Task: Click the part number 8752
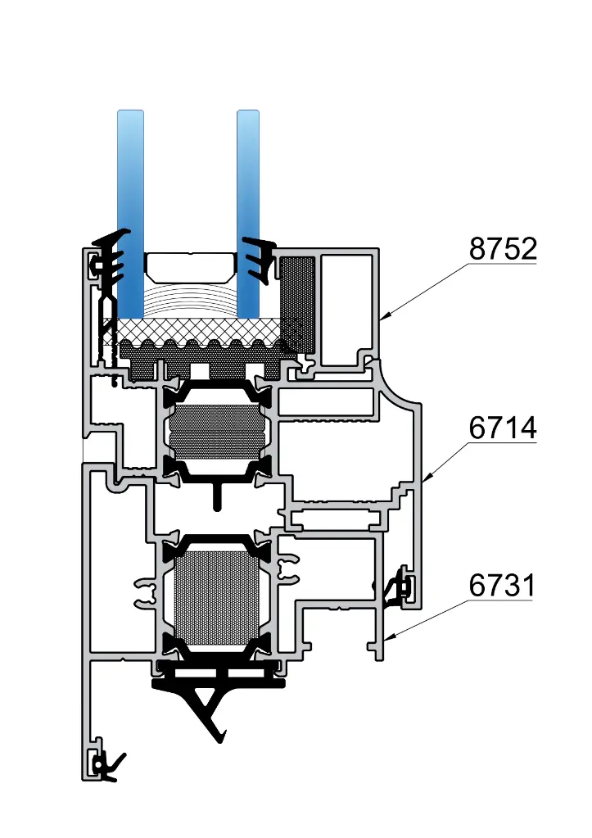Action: [x=502, y=249]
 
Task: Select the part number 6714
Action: [x=502, y=428]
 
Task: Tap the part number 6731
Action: [x=502, y=586]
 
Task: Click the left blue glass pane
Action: [x=130, y=205]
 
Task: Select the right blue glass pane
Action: [x=248, y=205]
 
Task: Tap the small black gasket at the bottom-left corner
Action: [x=106, y=766]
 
